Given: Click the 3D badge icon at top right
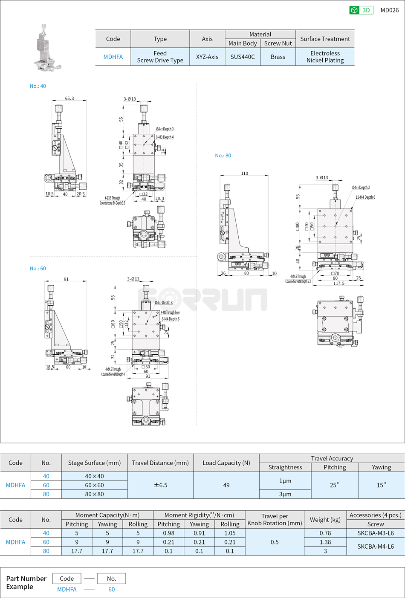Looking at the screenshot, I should tap(361, 10).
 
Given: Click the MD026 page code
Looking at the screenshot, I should tap(389, 10).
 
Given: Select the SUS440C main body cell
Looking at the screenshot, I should tap(242, 57).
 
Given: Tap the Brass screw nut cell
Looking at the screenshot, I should tap(278, 57).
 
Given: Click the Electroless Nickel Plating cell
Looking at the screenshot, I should tap(325, 57).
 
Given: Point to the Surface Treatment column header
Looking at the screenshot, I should tap(325, 39).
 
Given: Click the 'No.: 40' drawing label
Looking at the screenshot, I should tap(38, 86).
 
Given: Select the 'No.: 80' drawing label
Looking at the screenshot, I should tap(223, 156).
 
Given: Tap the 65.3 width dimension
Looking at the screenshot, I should tap(69, 98).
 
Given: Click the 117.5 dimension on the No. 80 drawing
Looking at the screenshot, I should tap(339, 284).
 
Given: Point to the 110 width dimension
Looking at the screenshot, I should tap(244, 174).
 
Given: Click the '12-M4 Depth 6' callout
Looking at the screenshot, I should tap(365, 197).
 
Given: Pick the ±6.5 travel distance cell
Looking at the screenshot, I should tap(160, 485).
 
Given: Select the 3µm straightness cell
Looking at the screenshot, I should tap(285, 494).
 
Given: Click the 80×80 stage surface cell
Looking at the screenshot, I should tap(94, 494).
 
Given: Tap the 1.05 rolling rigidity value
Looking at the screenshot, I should tap(230, 533).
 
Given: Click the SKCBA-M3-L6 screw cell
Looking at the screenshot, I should tap(375, 533).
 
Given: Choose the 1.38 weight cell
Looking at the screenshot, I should tap(325, 542).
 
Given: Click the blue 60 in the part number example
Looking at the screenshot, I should tap(111, 589).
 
